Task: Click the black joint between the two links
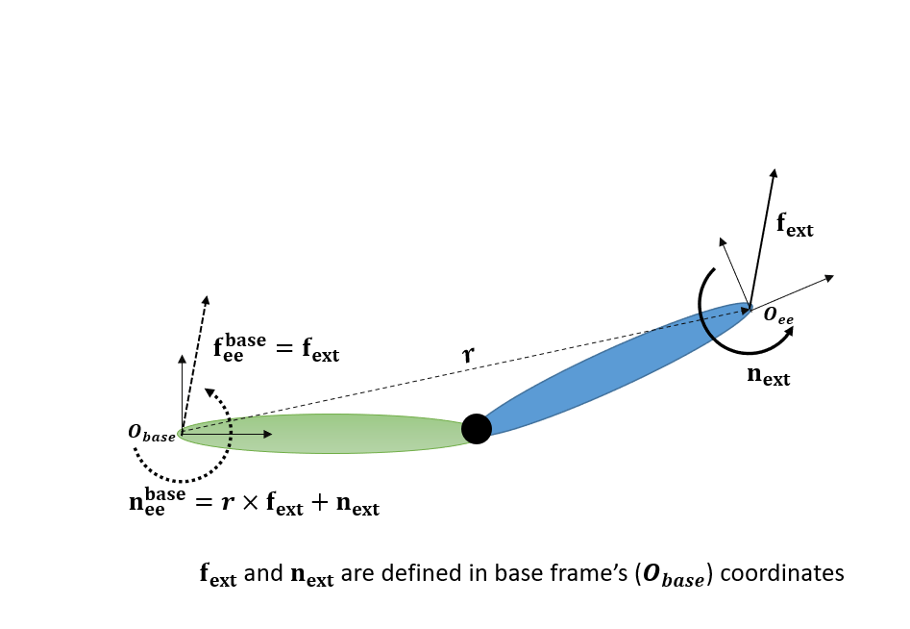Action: click(x=477, y=428)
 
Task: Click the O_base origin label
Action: click(x=152, y=434)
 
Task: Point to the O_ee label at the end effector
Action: click(x=778, y=314)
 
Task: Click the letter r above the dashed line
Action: click(x=468, y=355)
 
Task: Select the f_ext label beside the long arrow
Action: click(x=795, y=226)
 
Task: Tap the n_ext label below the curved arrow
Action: click(x=768, y=375)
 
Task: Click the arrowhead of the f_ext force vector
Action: click(x=774, y=173)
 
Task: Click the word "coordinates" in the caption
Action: click(x=781, y=574)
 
